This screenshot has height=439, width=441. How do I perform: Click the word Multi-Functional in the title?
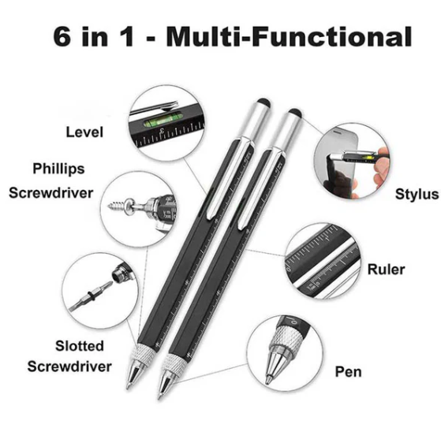pos(290,36)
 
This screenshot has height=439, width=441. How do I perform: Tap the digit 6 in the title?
pos(62,36)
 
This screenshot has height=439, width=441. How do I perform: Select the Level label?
pos(84,132)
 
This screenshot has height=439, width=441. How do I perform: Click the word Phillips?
pos(58,169)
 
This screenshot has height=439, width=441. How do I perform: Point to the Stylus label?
pos(417,194)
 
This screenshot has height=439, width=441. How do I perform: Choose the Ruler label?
pos(386,270)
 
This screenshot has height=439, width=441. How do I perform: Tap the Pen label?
pos(348,371)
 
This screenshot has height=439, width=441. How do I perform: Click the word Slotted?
pos(80,346)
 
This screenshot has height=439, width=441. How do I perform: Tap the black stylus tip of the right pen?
pos(295,113)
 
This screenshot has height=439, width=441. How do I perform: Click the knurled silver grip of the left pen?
pos(144,355)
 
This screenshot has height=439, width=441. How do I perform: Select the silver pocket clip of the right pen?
pos(261,188)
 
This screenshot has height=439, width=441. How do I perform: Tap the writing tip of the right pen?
pos(159,397)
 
